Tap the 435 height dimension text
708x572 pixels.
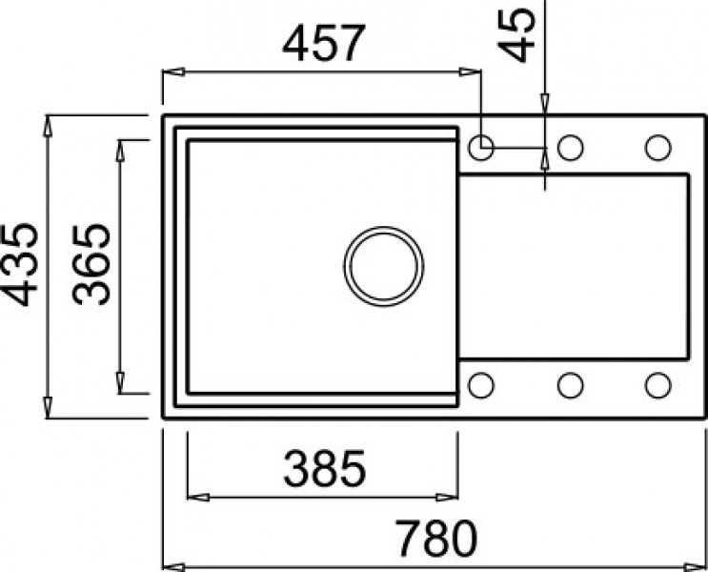[20, 265]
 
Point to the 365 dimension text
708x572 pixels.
[91, 265]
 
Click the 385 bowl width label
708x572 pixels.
[325, 468]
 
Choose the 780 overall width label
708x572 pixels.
[434, 540]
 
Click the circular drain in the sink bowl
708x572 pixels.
[384, 265]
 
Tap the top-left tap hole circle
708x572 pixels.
[481, 148]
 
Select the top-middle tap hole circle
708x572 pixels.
[570, 148]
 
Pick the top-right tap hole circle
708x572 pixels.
[657, 148]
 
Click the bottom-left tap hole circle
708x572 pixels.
[481, 384]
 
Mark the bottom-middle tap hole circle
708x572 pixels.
[570, 384]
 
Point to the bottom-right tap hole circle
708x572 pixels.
[657, 384]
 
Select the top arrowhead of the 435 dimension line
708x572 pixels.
[48, 123]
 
